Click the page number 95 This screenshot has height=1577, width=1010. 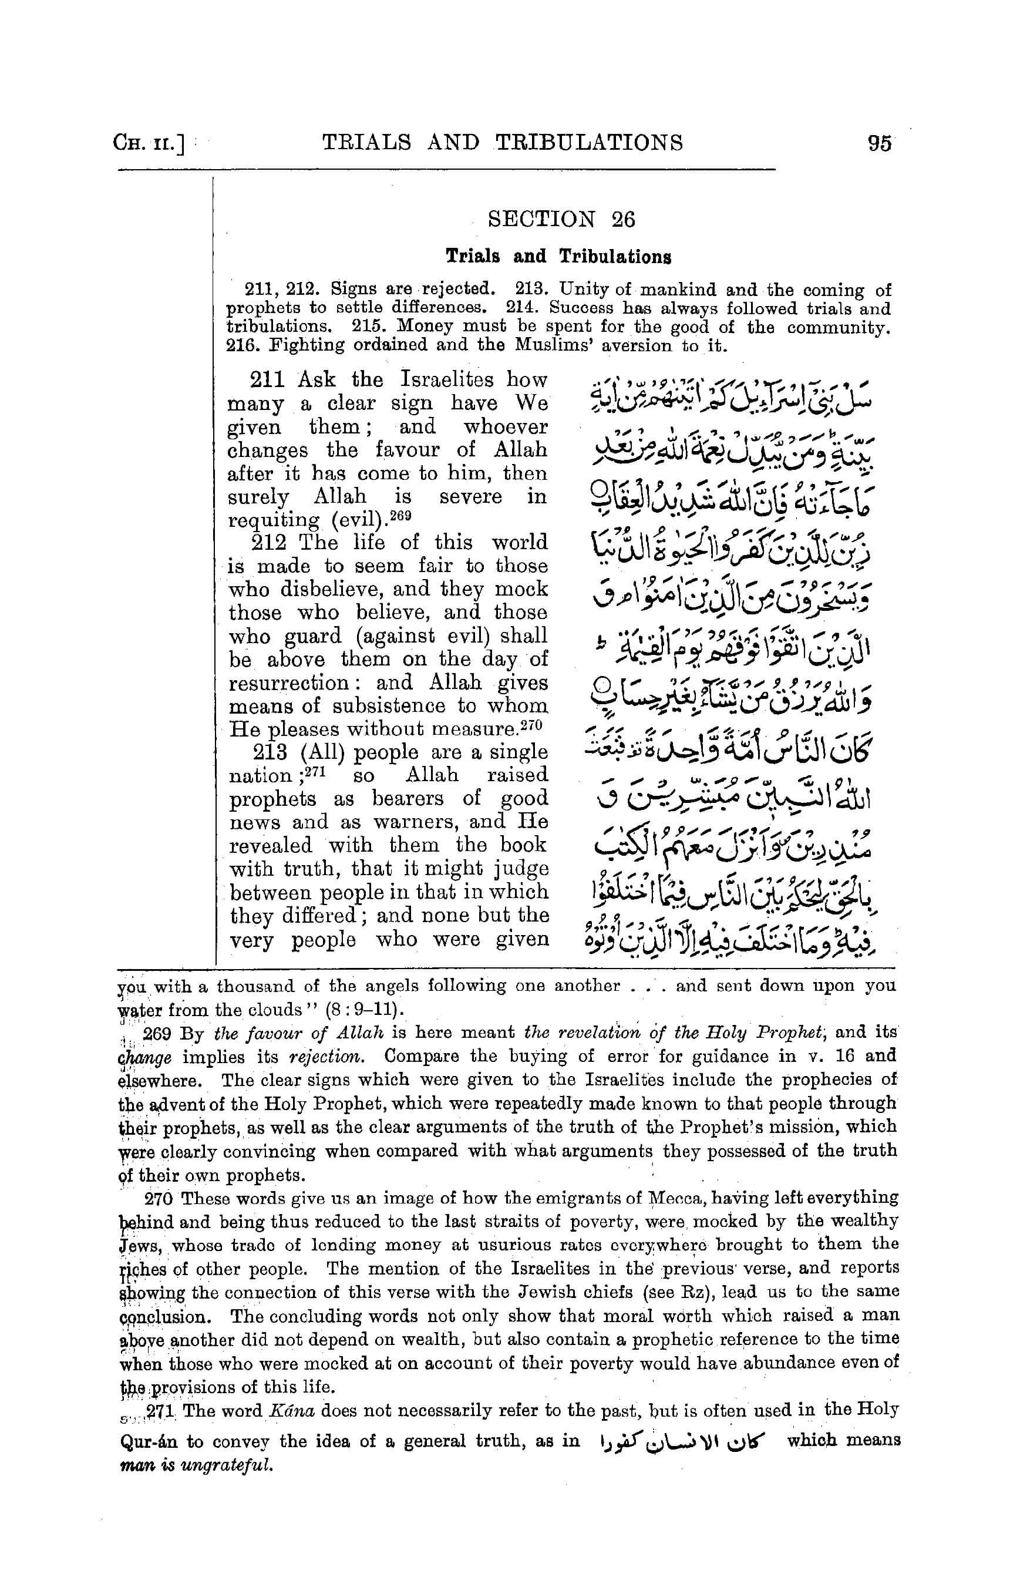pos(880,144)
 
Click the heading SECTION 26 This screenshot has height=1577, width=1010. pos(561,219)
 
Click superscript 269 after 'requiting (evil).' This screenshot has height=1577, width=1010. pos(400,516)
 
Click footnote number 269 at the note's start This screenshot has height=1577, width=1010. pos(157,1033)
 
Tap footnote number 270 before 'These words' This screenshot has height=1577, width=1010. pos(158,1199)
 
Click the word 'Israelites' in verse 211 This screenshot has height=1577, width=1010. pos(447,380)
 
